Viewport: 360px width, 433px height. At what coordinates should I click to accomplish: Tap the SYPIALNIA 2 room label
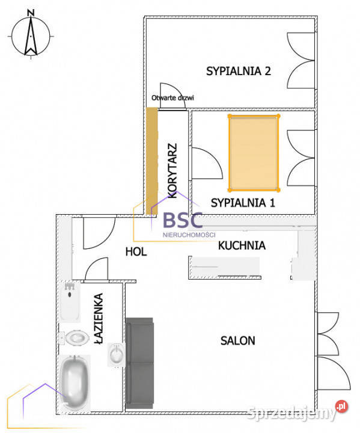(x=239, y=71)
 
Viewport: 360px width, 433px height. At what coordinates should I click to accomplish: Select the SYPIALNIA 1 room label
(x=243, y=203)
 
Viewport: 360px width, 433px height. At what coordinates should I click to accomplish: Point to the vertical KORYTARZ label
(x=172, y=170)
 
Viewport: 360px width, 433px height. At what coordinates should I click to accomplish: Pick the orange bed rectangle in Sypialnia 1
(x=254, y=151)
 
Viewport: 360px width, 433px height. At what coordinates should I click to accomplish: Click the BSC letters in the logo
(x=185, y=220)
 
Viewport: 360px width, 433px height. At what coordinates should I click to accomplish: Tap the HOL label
(x=136, y=251)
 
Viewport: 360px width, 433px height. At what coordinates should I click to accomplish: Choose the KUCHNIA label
(x=242, y=245)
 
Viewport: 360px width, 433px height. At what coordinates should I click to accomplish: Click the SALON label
(x=237, y=340)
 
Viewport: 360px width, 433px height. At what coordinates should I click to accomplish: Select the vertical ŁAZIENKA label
(x=100, y=319)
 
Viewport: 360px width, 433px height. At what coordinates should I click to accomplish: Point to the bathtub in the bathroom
(x=75, y=382)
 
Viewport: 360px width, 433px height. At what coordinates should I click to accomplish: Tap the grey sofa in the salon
(x=140, y=366)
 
